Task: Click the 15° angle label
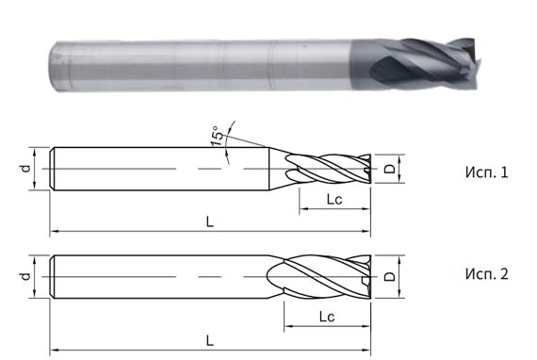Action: [x=219, y=138]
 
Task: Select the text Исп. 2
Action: [x=486, y=274]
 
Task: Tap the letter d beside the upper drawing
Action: [x=26, y=168]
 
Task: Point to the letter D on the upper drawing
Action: [x=390, y=171]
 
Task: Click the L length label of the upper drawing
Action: [x=208, y=220]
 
